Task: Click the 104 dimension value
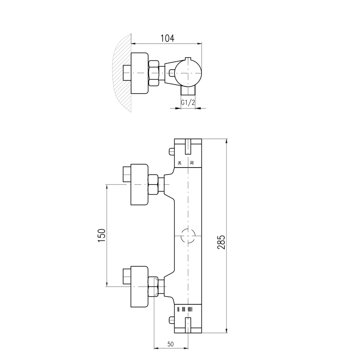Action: (167, 38)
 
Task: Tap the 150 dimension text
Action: (102, 235)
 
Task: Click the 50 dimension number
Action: (170, 344)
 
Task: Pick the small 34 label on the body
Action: (180, 163)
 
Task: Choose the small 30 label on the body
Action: (192, 163)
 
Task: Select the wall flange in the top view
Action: (139, 73)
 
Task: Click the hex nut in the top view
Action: (153, 73)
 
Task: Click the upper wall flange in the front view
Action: (139, 184)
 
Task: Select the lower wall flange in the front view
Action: (139, 287)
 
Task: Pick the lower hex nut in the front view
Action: (153, 287)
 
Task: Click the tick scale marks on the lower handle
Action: (185, 309)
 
